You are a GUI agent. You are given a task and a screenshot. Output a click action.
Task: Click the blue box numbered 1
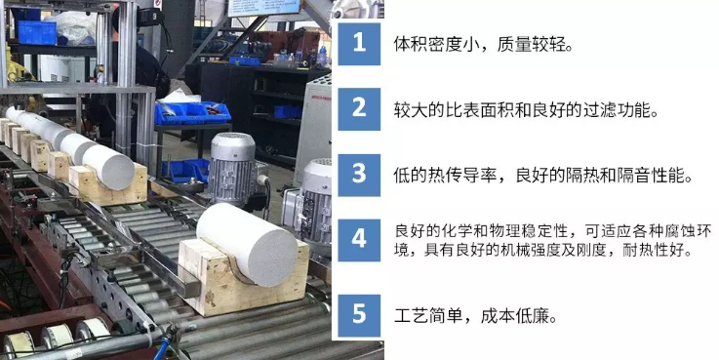(x=359, y=44)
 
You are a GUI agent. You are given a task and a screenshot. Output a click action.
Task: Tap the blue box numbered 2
(x=359, y=109)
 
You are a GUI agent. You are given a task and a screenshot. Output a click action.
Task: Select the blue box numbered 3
(x=359, y=176)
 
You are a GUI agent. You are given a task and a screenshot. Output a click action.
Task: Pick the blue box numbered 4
(x=359, y=240)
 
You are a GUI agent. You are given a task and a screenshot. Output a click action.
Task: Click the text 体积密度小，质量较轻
(x=483, y=45)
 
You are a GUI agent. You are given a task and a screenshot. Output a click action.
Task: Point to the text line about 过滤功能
(x=526, y=110)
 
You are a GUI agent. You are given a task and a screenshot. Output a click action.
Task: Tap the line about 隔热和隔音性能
(x=543, y=176)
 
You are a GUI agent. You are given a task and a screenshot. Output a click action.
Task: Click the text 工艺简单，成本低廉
(x=475, y=315)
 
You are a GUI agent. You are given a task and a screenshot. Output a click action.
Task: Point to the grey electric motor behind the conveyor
(x=232, y=167)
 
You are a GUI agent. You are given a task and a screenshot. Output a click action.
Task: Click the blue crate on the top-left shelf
(x=37, y=32)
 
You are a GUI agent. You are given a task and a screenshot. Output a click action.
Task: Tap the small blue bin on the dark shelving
(x=288, y=112)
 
